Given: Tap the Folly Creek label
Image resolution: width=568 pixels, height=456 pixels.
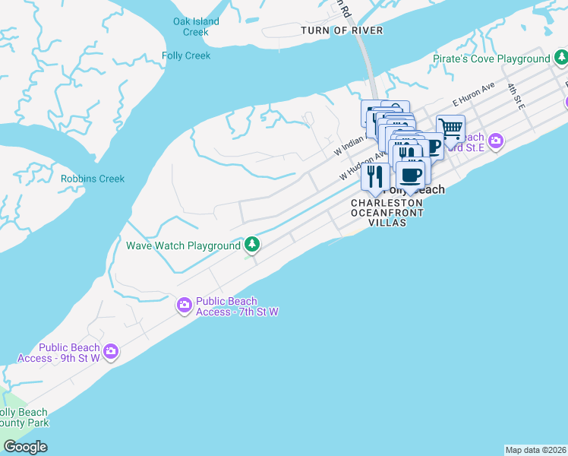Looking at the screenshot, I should [186, 55].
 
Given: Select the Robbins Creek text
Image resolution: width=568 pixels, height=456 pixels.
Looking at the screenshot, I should [93, 179].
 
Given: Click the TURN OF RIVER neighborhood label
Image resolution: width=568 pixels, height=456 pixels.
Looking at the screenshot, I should [342, 30].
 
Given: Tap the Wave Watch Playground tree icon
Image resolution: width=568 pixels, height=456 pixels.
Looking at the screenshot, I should [252, 245].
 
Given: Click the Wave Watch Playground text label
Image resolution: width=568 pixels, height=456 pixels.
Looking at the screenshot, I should [182, 245].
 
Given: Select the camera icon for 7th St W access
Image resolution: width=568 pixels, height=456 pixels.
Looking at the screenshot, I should [185, 306].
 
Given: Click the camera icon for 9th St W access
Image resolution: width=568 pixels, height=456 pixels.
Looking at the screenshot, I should [111, 351].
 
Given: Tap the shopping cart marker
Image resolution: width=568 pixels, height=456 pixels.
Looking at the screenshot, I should [450, 129].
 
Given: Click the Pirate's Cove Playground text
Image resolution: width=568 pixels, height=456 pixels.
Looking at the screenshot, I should [491, 59].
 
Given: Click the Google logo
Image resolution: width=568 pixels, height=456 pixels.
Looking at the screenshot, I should [25, 447].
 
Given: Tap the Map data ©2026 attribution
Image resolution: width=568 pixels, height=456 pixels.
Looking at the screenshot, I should [535, 450].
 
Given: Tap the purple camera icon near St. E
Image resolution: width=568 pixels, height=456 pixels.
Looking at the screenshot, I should [496, 141].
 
